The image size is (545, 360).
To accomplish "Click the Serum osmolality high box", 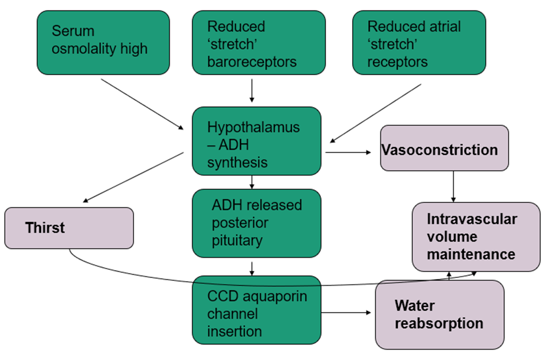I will point(103,42).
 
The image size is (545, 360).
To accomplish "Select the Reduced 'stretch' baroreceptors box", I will point(258,42).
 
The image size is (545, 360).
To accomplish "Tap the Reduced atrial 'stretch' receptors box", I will point(419,42).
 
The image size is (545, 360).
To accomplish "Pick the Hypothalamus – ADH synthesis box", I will point(256,141).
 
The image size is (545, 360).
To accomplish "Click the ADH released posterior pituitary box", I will point(256,223).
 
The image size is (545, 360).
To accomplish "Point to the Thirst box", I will point(69,228).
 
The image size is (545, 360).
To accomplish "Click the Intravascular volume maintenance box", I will point(476,237).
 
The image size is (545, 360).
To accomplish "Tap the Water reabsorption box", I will point(439,314).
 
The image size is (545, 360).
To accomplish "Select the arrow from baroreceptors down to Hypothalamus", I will point(252,91).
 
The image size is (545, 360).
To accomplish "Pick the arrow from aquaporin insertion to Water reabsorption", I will point(346,312).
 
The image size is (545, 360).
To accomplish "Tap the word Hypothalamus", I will point(253,127).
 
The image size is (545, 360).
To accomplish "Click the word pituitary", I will point(237,240).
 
